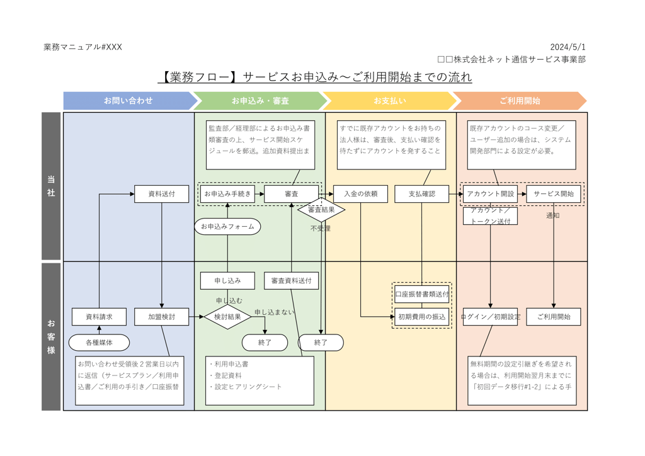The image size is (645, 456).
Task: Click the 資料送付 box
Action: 161,194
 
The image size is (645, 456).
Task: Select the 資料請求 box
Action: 99,317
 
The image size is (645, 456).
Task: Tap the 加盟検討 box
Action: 162,317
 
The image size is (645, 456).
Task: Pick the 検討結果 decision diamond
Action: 227,317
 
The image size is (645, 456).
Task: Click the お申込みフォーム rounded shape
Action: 227,226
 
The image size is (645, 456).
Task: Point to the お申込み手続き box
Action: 227,194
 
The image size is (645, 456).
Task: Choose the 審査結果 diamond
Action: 321,209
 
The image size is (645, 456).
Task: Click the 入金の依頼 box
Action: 361,194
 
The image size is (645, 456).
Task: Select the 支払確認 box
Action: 421,194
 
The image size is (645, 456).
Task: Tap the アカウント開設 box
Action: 490,194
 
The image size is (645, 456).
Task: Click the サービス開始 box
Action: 554,194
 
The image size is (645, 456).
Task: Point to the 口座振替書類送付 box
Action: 421,294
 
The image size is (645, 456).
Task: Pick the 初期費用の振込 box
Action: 421,317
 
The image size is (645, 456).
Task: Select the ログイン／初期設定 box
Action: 491,317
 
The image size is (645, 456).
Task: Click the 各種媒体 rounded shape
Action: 99,343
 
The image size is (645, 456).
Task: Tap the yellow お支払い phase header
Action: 389,101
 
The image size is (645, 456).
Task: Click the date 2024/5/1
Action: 567,47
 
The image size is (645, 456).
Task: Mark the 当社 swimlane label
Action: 51,186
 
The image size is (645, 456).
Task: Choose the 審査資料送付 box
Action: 291,281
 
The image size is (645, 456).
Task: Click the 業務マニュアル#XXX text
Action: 83,47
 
